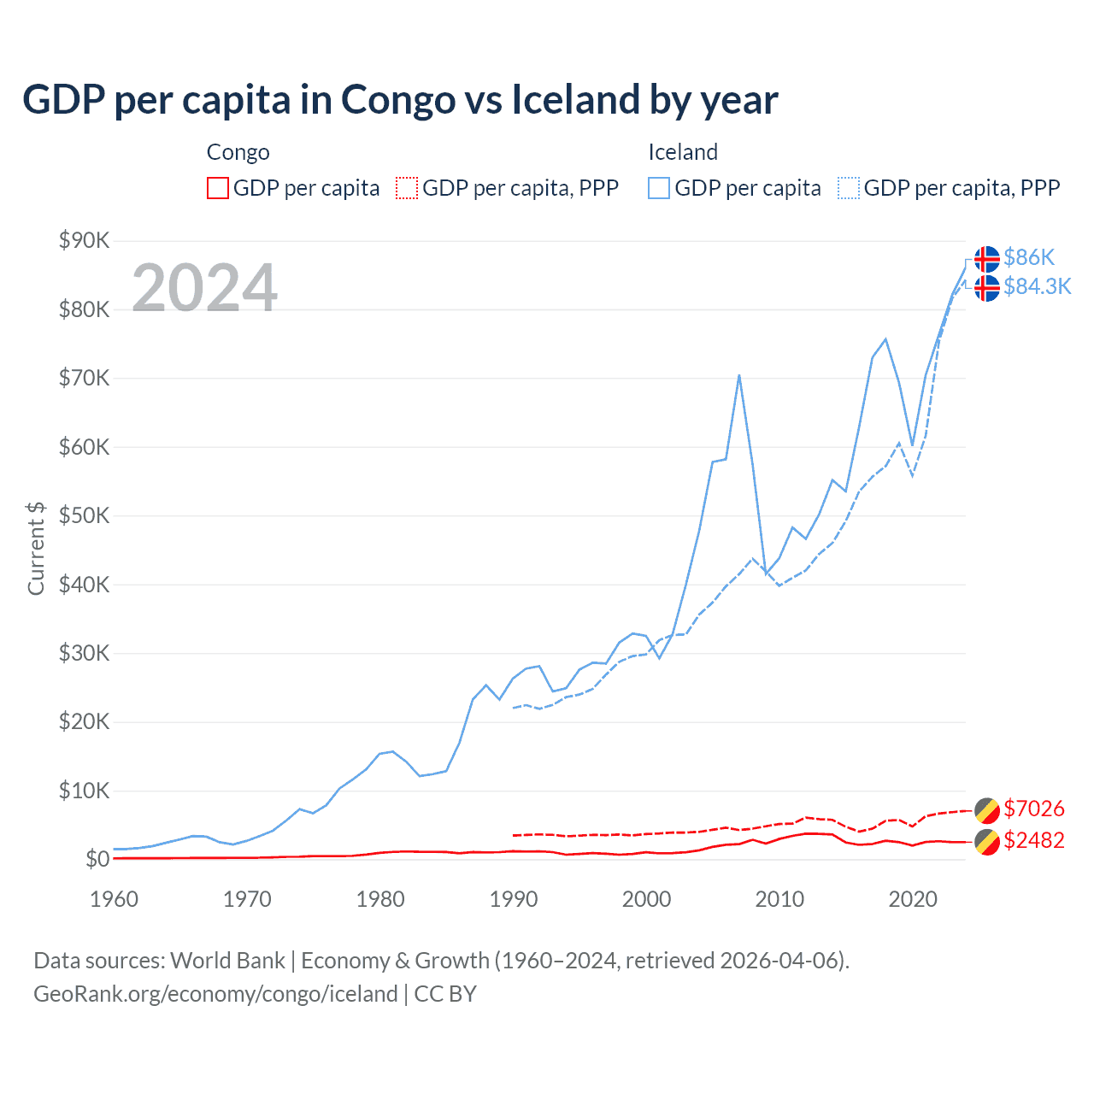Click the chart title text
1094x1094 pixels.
[400, 100]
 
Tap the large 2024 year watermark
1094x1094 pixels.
[204, 288]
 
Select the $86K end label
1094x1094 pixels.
[1029, 257]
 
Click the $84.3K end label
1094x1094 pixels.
[1037, 286]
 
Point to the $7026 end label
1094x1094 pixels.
[1033, 809]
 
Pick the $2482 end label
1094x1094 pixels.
[1033, 840]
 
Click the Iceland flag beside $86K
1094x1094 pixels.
[987, 258]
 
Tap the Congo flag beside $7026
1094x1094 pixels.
[987, 810]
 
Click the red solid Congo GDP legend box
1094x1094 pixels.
[218, 188]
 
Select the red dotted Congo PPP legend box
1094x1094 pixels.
[407, 188]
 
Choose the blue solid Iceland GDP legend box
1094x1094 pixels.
[659, 188]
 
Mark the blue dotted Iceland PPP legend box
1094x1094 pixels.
[849, 188]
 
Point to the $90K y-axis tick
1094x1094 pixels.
[84, 240]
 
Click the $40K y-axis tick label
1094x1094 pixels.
[84, 585]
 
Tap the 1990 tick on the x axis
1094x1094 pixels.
[514, 899]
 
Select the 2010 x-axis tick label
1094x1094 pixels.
[779, 899]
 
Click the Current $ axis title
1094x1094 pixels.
[36, 549]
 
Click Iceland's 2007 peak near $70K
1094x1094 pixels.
[738, 375]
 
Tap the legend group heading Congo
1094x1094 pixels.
[238, 152]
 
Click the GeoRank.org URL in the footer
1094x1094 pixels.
[215, 994]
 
